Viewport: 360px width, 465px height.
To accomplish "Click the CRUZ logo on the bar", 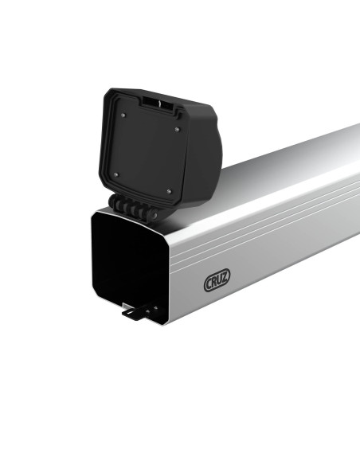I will point(217,282).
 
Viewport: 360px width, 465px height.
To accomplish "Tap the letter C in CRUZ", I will point(209,283).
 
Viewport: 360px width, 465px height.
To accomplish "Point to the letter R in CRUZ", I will point(215,282).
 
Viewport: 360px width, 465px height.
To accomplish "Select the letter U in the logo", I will point(221,281).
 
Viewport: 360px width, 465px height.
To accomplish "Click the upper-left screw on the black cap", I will point(124,115).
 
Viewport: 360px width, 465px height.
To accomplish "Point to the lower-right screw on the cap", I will point(169,190).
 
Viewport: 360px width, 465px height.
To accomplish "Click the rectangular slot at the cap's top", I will point(158,104).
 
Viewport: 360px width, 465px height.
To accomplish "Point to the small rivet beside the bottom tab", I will point(155,307).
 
